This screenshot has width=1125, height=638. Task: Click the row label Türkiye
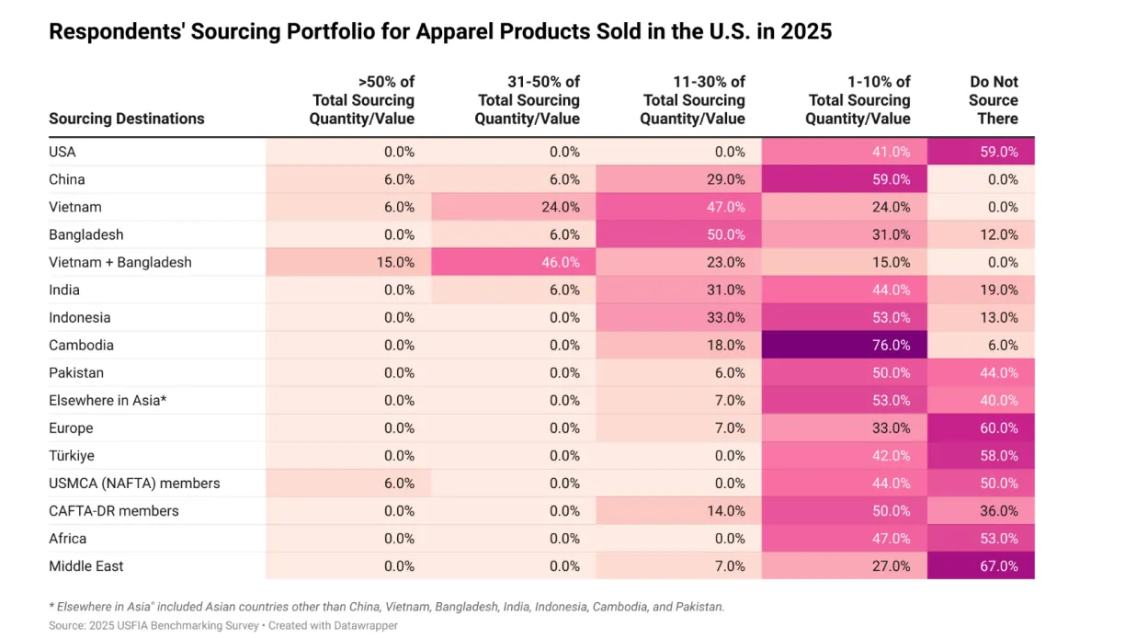72,455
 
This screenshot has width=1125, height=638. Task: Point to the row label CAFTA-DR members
114,510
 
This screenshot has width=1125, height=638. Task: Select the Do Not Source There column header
993,100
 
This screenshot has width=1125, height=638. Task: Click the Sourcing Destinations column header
127,119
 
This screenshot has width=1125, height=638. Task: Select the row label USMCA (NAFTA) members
134,483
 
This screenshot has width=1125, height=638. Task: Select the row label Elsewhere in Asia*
108,400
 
